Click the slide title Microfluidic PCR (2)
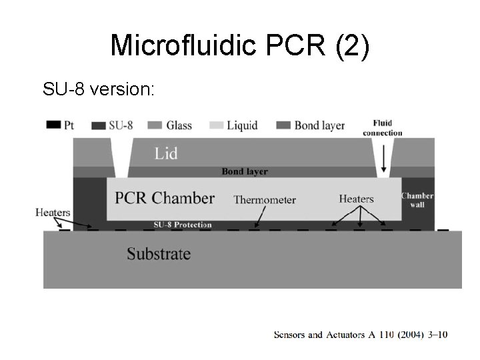(x=239, y=45)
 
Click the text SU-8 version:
(x=98, y=88)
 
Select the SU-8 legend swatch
(x=99, y=125)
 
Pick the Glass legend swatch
(x=155, y=125)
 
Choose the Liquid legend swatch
(x=216, y=125)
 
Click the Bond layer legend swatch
(x=283, y=125)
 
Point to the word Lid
(x=166, y=153)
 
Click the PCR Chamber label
(x=165, y=198)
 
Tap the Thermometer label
(x=265, y=199)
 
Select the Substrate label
(x=159, y=254)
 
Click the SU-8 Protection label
(x=183, y=225)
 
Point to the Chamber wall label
(x=417, y=200)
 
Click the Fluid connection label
(x=383, y=127)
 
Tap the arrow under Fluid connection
(x=384, y=158)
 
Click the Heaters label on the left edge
(x=53, y=213)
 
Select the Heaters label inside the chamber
(x=356, y=199)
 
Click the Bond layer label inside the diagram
(x=245, y=171)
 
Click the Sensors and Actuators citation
(x=361, y=334)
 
